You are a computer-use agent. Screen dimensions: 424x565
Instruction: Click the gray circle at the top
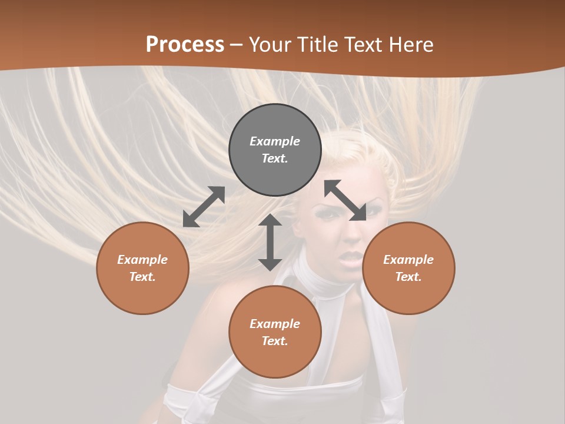275,150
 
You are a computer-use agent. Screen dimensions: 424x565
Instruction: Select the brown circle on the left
142,268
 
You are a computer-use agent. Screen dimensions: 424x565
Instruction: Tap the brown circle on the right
408,268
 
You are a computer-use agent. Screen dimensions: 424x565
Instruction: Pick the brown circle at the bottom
275,332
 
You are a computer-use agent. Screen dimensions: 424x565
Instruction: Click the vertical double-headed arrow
270,242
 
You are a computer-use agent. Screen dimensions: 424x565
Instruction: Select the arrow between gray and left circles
204,207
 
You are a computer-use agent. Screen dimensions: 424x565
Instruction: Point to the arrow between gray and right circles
345,200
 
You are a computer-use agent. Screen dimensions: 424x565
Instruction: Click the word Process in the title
185,45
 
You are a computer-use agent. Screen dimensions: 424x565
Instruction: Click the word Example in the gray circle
275,141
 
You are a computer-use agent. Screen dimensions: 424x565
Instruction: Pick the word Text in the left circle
142,277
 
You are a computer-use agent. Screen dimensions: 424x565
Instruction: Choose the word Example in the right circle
408,260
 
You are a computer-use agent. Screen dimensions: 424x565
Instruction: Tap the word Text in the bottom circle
274,341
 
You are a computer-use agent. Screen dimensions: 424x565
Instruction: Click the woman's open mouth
353,259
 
